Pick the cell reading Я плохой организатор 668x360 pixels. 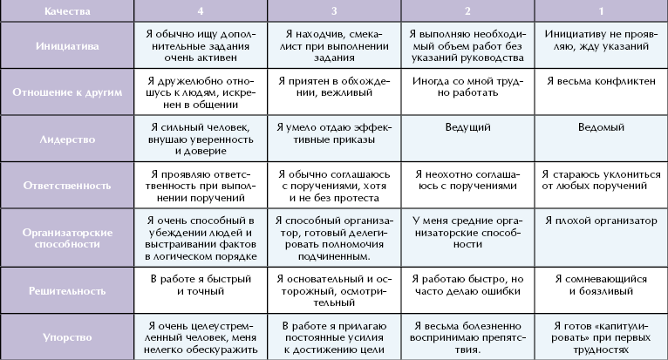[602, 219]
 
